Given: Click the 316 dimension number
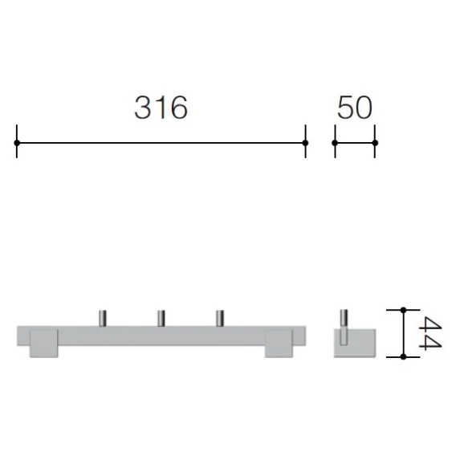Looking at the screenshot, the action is (161, 108).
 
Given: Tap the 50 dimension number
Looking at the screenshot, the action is (355, 108).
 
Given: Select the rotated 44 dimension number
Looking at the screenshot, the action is (430, 333).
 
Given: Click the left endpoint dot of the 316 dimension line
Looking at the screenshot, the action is (17, 143).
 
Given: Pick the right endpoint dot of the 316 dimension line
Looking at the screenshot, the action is (305, 143).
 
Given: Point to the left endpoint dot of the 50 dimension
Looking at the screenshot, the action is (335, 143).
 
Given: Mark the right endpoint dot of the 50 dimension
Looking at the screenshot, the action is (375, 143).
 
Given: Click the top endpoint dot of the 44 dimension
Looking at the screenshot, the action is (403, 311).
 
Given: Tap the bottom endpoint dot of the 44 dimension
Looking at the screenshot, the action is (403, 356).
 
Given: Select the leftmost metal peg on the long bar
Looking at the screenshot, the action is (103, 318).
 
